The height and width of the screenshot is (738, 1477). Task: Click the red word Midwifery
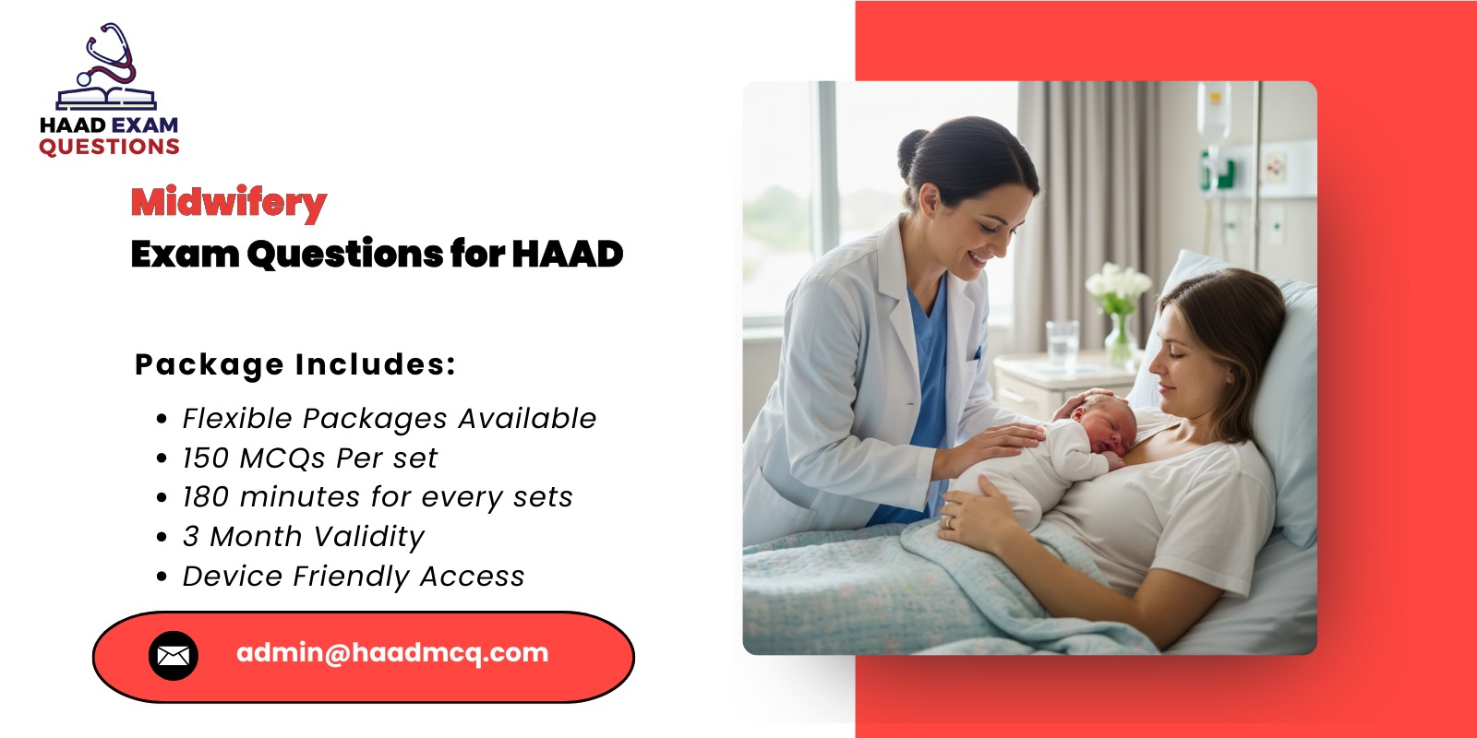(x=229, y=203)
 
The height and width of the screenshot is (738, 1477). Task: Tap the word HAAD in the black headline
(x=567, y=255)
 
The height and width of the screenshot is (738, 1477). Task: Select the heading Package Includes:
(x=295, y=364)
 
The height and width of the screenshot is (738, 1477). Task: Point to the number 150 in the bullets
(x=205, y=458)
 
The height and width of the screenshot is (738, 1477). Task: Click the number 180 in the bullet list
(x=205, y=497)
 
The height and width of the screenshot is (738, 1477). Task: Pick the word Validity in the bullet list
(x=367, y=537)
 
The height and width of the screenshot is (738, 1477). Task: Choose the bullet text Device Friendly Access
(x=354, y=577)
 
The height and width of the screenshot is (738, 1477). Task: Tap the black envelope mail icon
(x=174, y=656)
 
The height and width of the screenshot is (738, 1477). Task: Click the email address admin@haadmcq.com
(x=392, y=653)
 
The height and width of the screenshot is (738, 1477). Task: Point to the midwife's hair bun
(x=913, y=147)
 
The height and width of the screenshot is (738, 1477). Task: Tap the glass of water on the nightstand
(x=1062, y=343)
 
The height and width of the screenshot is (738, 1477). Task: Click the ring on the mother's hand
(x=945, y=522)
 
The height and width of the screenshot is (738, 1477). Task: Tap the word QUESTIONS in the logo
(x=109, y=148)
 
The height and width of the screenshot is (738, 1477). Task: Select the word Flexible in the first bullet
(x=237, y=419)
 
